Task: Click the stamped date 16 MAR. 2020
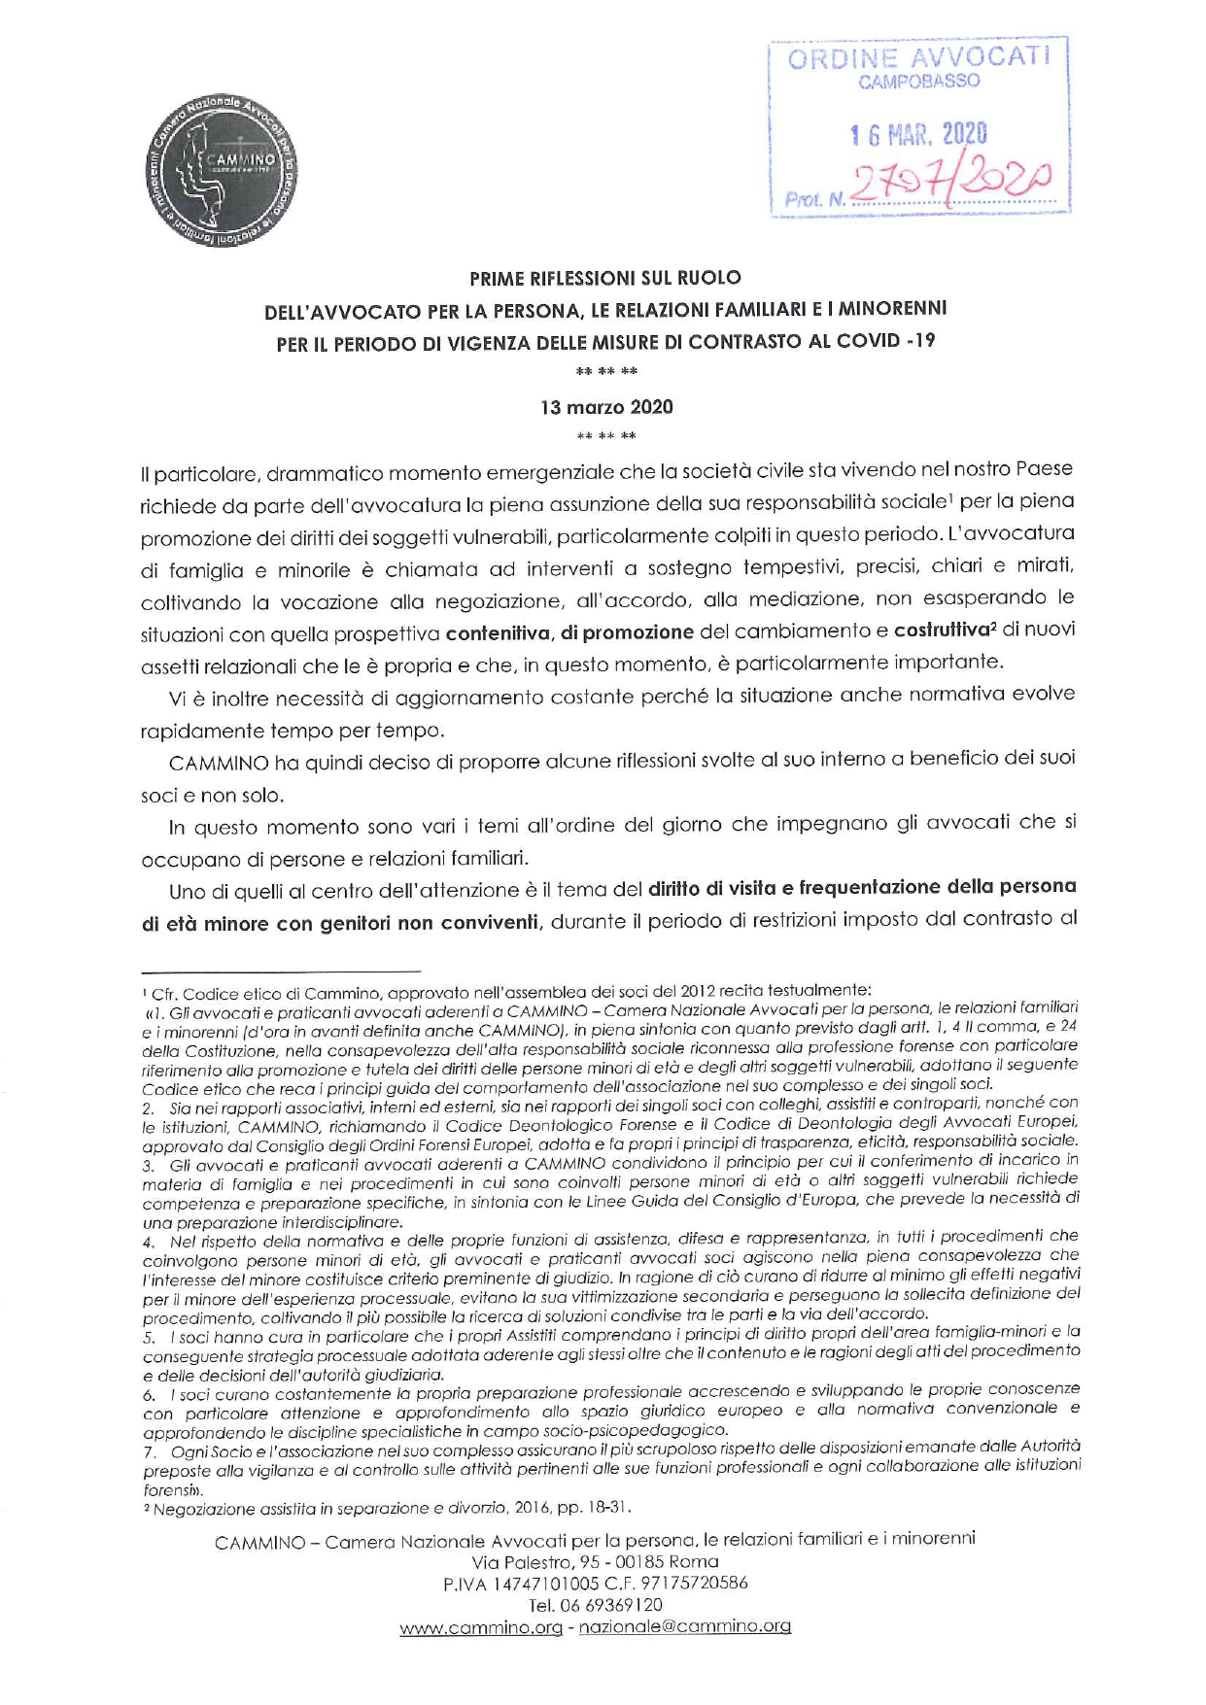[x=918, y=134]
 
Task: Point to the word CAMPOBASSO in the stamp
[x=918, y=83]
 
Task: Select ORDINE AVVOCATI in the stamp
[x=918, y=58]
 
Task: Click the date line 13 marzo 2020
[x=606, y=407]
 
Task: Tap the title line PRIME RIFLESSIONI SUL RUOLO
[x=604, y=280]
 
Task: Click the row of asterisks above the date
[x=606, y=371]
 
